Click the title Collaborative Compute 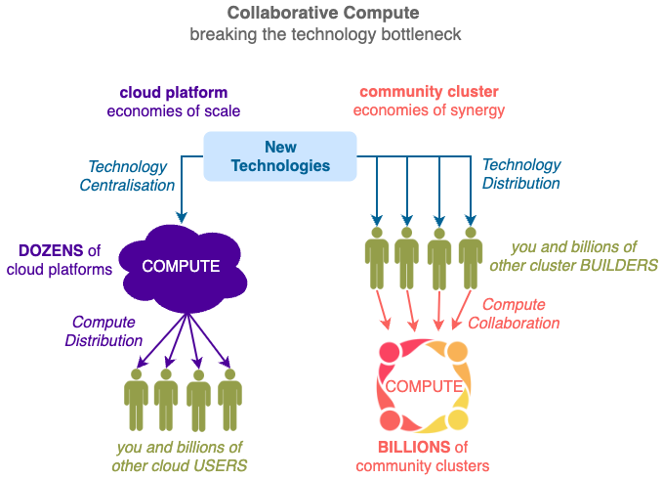tap(323, 13)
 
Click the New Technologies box tap(280, 156)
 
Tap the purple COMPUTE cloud tap(183, 269)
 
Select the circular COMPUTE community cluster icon tap(424, 385)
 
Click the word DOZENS tap(51, 250)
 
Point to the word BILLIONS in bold tap(414, 447)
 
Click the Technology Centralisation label tap(127, 176)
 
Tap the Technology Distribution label tap(521, 174)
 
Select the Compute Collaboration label tap(514, 314)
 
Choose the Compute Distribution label tap(104, 330)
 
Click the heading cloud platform tap(174, 92)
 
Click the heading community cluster tap(429, 91)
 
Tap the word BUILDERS tap(619, 265)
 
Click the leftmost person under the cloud tap(136, 400)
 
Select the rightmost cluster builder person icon tap(471, 258)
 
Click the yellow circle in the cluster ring tap(457, 419)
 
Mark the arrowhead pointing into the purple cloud tap(182, 217)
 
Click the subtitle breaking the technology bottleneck tap(325, 34)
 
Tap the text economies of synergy tap(429, 110)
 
